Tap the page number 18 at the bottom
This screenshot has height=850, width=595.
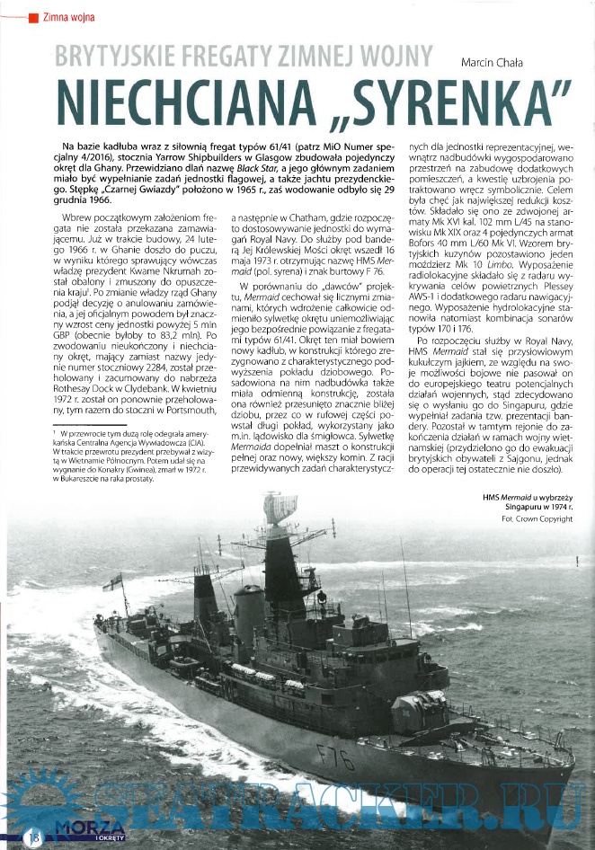pyautogui.click(x=34, y=837)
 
